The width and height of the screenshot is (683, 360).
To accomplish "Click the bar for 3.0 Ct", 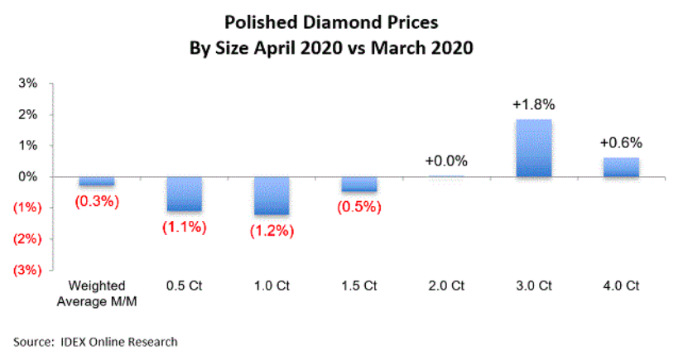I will pyautogui.click(x=534, y=148).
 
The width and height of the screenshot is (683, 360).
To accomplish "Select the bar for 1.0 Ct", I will pyautogui.click(x=272, y=195).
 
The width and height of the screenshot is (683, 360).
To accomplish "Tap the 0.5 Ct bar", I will pyautogui.click(x=184, y=194).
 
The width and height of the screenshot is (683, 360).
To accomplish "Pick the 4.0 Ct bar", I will pyautogui.click(x=622, y=167).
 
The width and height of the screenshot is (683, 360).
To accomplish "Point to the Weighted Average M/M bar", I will pyautogui.click(x=97, y=181).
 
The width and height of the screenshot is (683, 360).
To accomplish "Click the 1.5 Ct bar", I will pyautogui.click(x=359, y=185).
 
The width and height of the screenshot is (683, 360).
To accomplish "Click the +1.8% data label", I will pyautogui.click(x=534, y=105).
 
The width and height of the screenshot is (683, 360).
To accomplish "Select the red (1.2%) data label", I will pyautogui.click(x=272, y=231).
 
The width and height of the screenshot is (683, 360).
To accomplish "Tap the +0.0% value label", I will pyautogui.click(x=447, y=161).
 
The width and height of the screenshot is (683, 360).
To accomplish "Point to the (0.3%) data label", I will pyautogui.click(x=97, y=201).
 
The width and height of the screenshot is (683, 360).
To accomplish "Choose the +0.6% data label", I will pyautogui.click(x=622, y=142).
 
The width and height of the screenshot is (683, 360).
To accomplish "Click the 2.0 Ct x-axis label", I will pyautogui.click(x=447, y=286).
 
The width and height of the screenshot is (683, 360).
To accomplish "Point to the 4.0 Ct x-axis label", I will pyautogui.click(x=622, y=286).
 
